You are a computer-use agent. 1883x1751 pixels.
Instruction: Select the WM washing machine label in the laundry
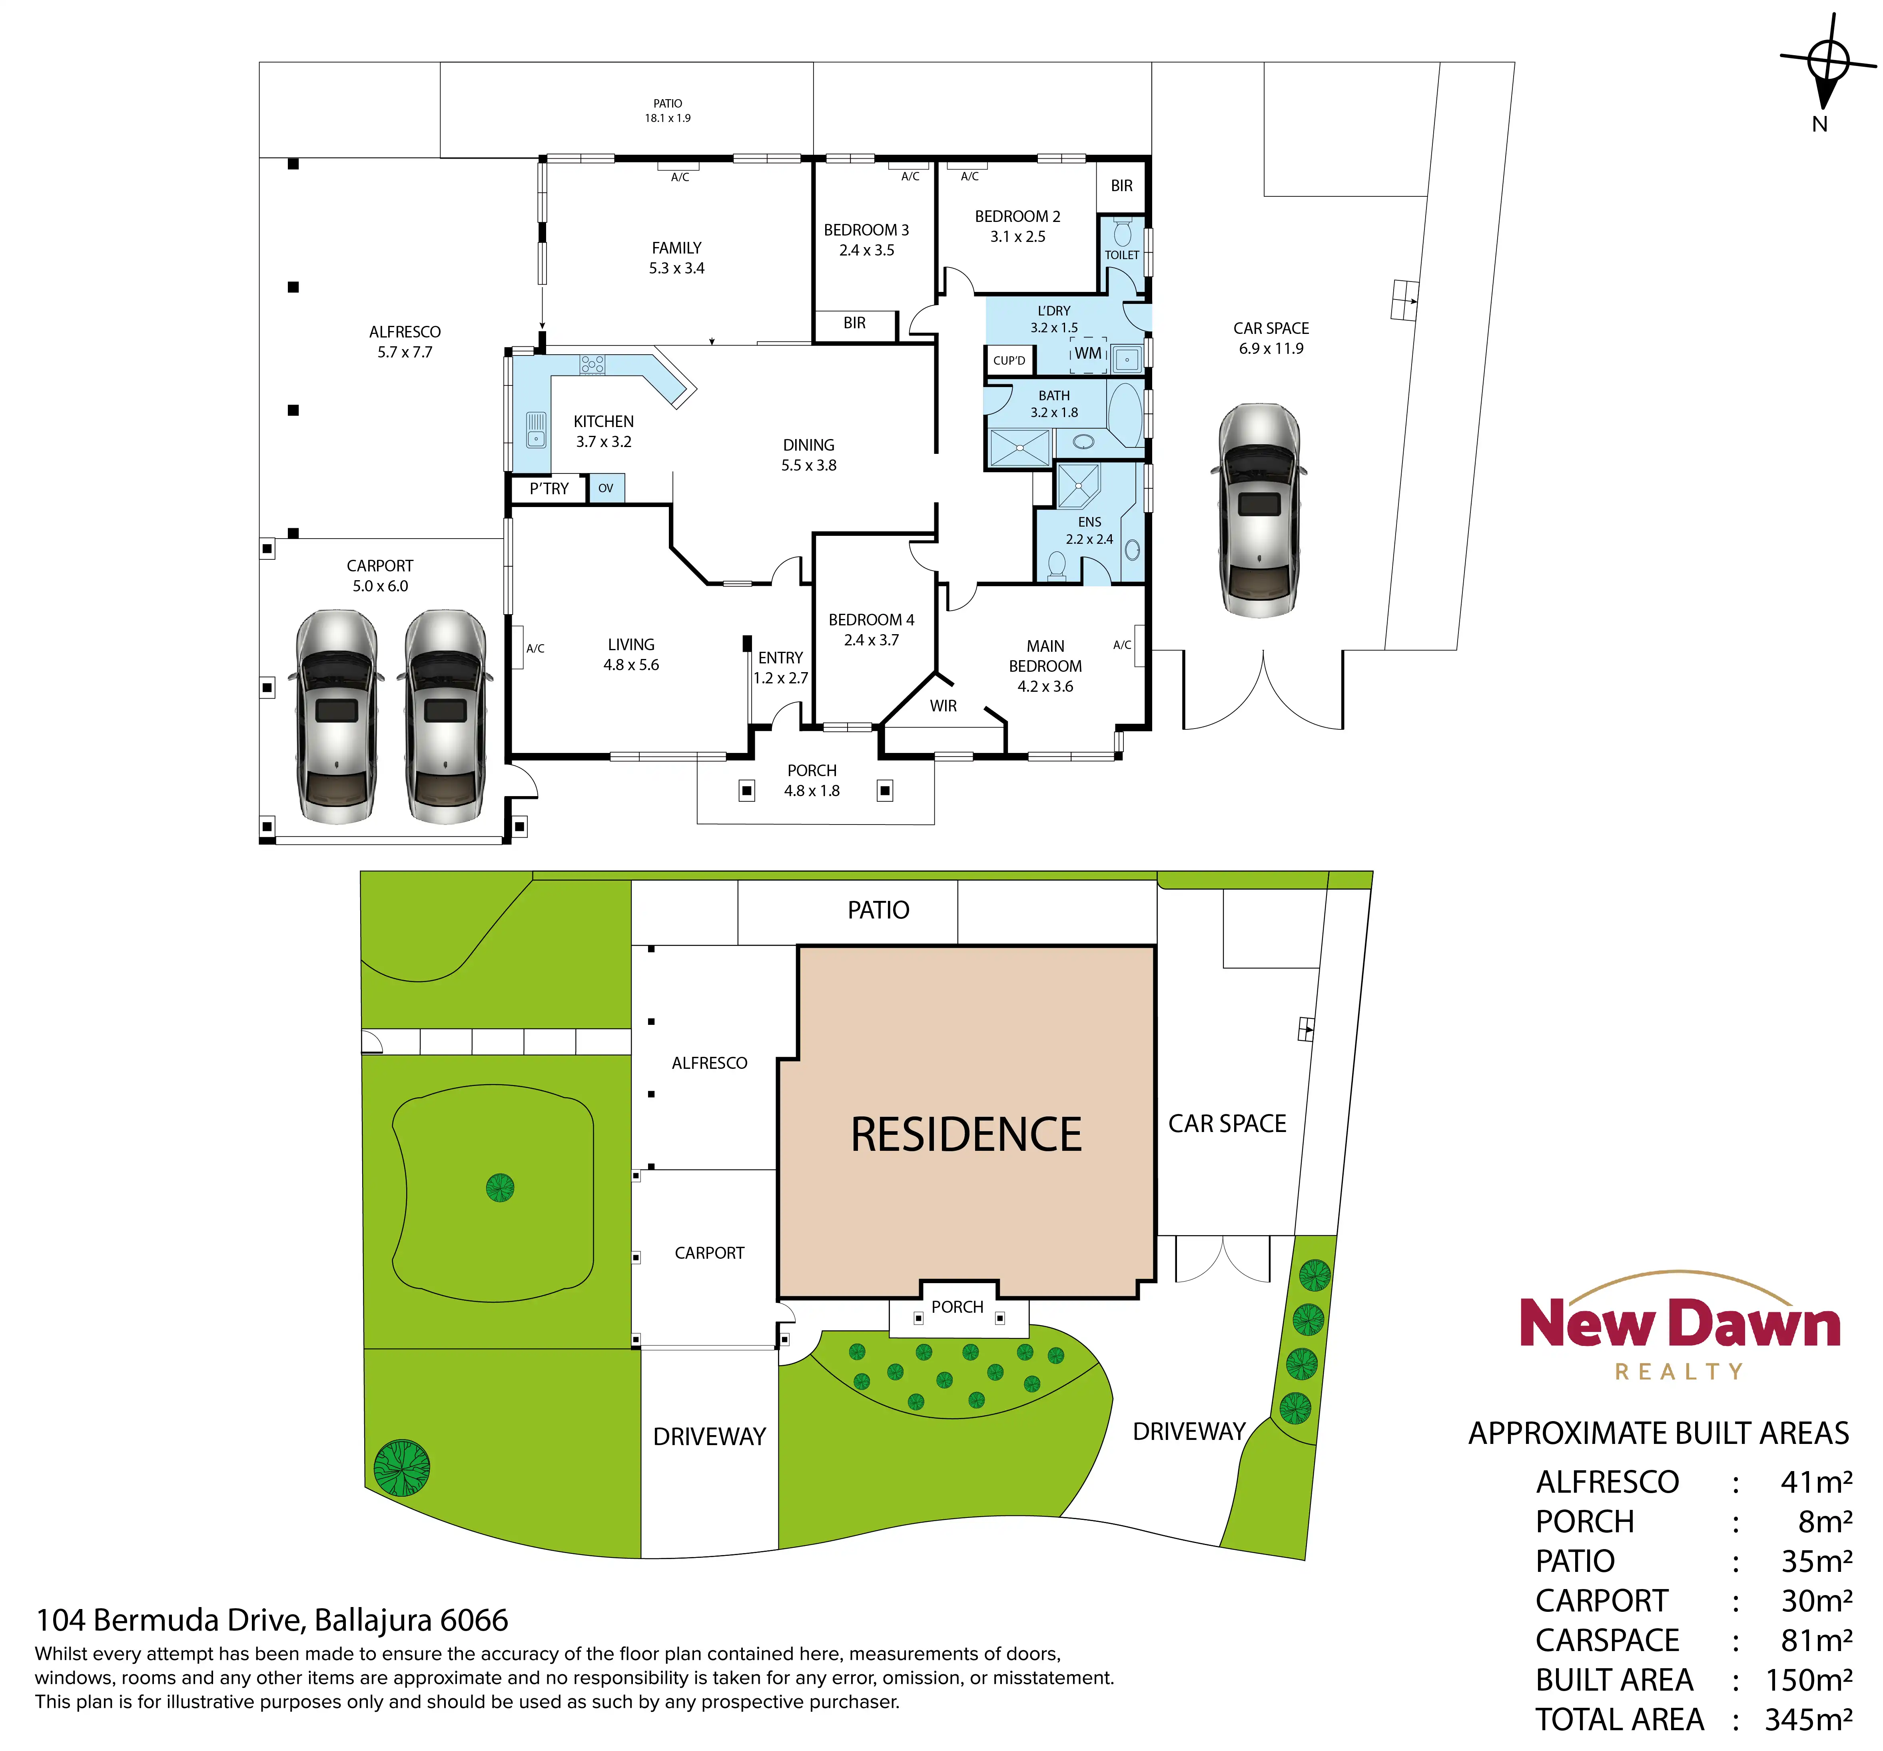(1088, 353)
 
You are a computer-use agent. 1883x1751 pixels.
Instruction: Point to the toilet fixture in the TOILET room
(1123, 232)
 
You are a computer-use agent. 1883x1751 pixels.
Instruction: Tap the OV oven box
(606, 488)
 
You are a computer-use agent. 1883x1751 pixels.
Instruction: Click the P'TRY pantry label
(549, 489)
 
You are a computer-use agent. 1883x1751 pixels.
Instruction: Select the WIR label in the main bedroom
(943, 706)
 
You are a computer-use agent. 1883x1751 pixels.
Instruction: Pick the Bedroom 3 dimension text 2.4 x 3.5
(867, 250)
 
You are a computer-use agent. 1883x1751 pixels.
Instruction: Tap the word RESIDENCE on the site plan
(966, 1135)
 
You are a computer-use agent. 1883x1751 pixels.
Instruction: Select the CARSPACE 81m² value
(1817, 1640)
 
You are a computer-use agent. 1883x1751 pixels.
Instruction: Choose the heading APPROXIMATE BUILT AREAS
(1658, 1433)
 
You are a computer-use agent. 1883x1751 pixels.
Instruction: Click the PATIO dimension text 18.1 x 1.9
(668, 118)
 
